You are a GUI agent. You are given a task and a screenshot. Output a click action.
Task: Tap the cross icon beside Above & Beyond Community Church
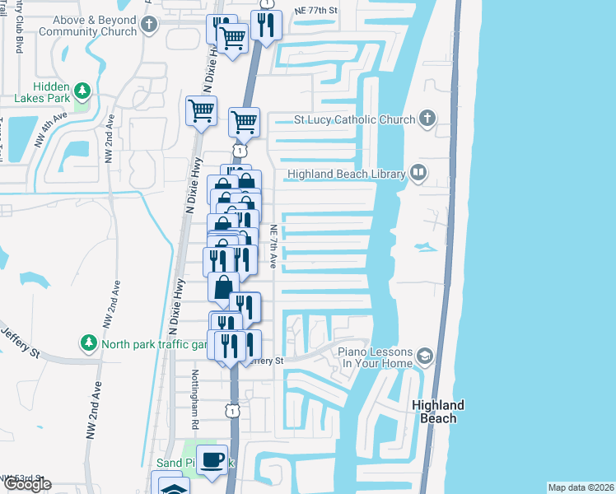pyautogui.click(x=149, y=25)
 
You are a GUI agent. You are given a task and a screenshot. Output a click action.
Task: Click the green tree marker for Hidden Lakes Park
pyautogui.click(x=81, y=90)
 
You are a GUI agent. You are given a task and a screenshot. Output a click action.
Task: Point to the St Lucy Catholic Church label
pyautogui.click(x=355, y=120)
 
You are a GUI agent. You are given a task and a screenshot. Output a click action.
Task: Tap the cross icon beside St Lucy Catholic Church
pyautogui.click(x=426, y=119)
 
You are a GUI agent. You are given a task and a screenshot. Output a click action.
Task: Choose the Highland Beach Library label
pyautogui.click(x=347, y=175)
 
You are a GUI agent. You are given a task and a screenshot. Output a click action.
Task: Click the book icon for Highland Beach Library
pyautogui.click(x=419, y=174)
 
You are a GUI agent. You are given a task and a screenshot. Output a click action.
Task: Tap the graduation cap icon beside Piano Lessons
pyautogui.click(x=425, y=357)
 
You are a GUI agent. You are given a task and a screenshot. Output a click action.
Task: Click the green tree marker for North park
pyautogui.click(x=87, y=343)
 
